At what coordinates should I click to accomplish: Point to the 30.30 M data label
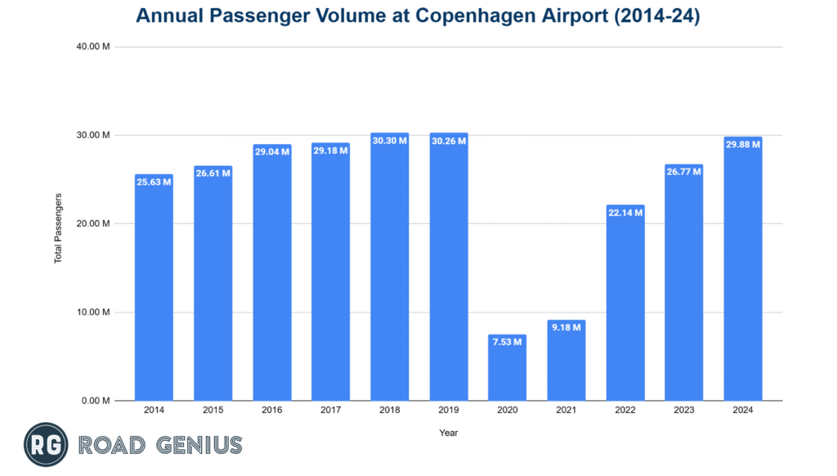click(389, 141)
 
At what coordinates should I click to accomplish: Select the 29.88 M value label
click(742, 144)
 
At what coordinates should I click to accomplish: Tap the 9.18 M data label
click(566, 327)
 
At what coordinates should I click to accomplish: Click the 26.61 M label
click(213, 173)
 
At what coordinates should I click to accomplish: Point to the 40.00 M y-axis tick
click(93, 47)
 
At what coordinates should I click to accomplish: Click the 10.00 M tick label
click(93, 312)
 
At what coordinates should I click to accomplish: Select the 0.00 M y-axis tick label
click(96, 401)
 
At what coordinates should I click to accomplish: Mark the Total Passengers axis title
click(59, 227)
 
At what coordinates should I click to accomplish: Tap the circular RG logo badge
click(46, 445)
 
